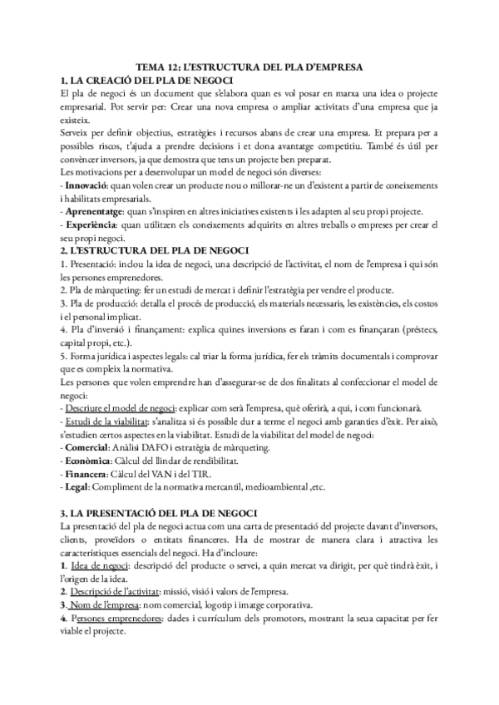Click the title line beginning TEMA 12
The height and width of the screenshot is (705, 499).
click(x=249, y=66)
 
